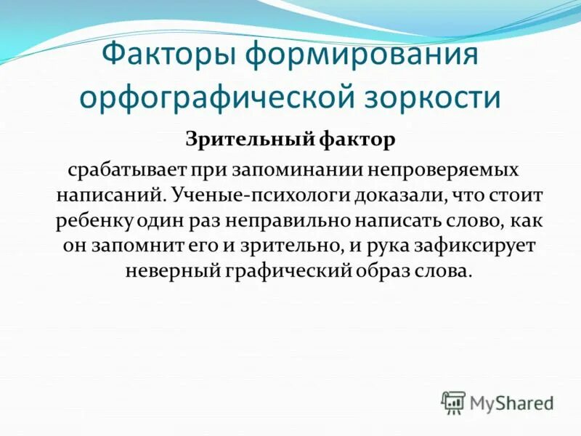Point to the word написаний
click(x=106, y=195)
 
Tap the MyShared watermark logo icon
click(x=453, y=402)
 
